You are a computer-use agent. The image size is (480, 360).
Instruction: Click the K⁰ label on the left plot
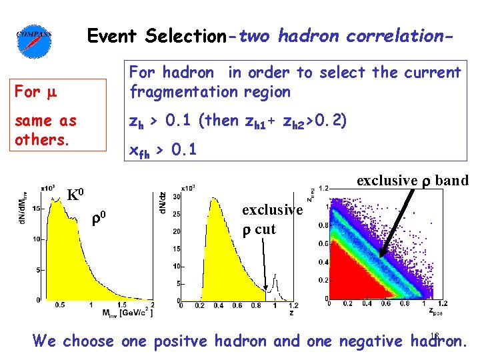[75, 195]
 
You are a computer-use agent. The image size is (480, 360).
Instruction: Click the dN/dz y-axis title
[162, 200]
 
